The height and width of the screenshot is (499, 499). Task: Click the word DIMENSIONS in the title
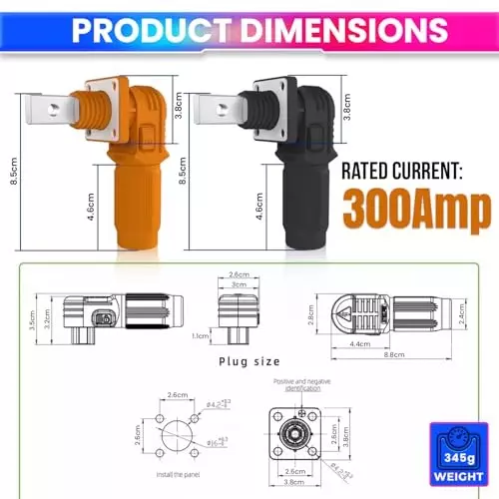point(333,30)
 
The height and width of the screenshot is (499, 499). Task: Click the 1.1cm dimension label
point(201,337)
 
